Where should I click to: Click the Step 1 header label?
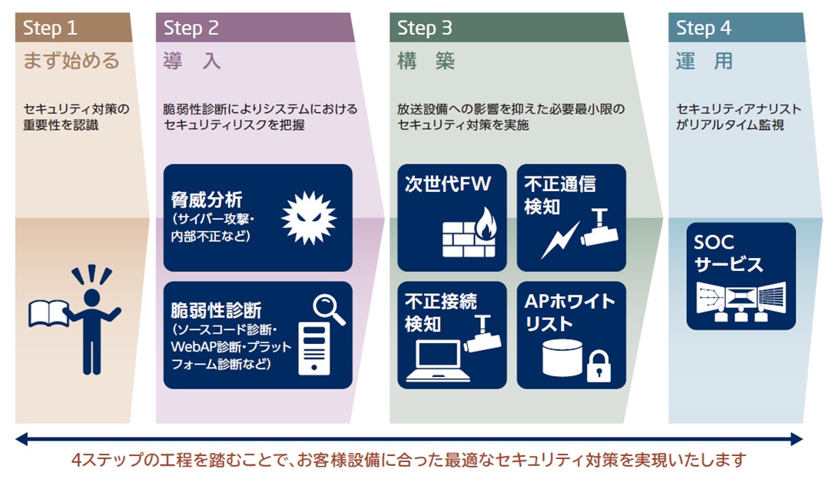[51, 28]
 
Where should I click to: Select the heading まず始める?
[71, 61]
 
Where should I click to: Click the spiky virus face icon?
[310, 218]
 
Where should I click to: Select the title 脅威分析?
[207, 200]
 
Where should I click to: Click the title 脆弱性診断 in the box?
[216, 311]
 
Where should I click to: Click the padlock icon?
[597, 366]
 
